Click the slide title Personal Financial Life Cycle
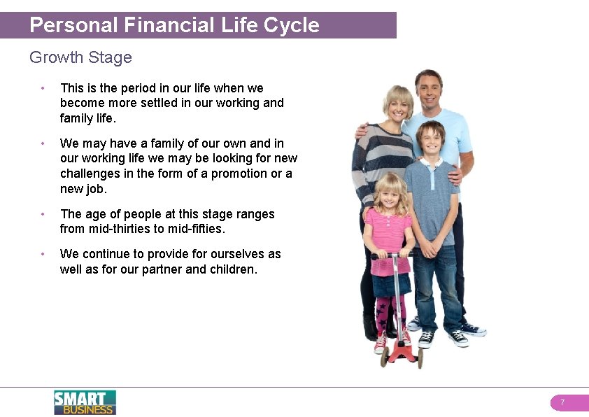pos(174,25)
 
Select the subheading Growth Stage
pos(80,57)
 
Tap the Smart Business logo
pos(85,402)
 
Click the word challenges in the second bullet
pos(93,174)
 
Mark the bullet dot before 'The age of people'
pos(43,214)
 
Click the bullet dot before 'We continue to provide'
pos(43,254)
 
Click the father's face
pos(428,89)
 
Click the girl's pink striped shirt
pos(388,231)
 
